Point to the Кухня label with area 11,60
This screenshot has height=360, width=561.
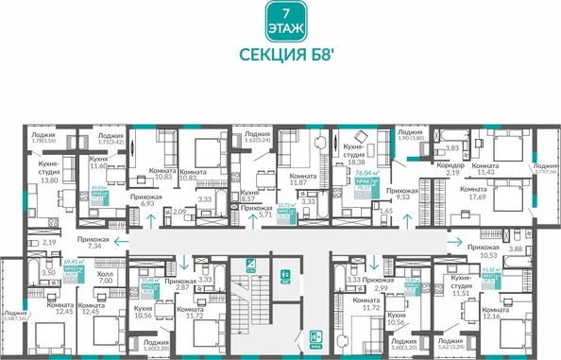pos(99,165)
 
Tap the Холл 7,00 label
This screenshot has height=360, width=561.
pos(106,277)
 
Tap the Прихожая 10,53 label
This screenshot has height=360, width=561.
pos(483,249)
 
